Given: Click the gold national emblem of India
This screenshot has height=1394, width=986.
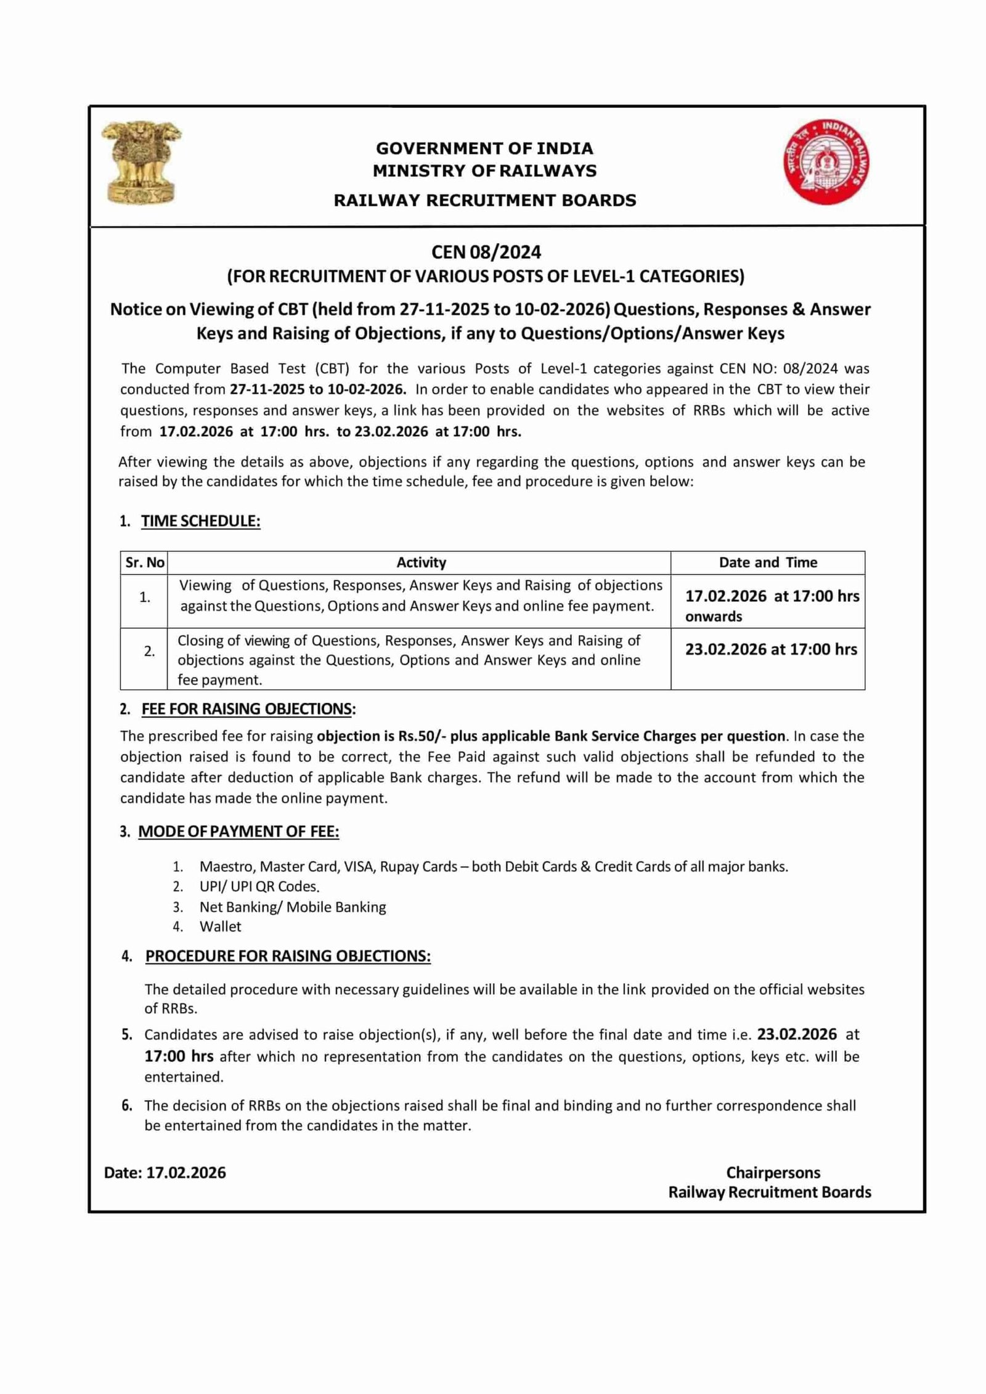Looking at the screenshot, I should (142, 163).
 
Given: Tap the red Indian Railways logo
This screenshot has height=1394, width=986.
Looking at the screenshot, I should (829, 163).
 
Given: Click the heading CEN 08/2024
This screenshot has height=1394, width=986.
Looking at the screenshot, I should (486, 252).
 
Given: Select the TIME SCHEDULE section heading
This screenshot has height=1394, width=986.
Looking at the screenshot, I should (200, 521).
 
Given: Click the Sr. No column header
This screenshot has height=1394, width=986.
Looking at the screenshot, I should (145, 562).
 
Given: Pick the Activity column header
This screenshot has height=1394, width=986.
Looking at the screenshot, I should (421, 562).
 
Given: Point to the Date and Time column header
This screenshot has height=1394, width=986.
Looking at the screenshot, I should (768, 562).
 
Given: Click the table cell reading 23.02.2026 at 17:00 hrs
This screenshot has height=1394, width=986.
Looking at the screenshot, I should (771, 650).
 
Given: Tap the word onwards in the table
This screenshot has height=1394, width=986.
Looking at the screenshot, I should (714, 617).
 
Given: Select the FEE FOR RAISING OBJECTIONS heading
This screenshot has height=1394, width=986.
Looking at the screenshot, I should (248, 709).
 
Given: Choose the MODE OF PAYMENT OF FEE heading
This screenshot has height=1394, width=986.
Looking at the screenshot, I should (238, 832).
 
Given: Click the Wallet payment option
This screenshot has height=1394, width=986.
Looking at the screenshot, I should (220, 926).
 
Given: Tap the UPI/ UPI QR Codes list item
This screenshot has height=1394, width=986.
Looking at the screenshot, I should (259, 886).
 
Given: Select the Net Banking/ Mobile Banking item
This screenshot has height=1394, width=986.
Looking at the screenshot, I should (293, 907).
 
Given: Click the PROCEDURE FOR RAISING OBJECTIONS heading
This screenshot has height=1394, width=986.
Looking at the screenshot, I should (288, 956).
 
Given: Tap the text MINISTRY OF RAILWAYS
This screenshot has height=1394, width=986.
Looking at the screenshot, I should (484, 171).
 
